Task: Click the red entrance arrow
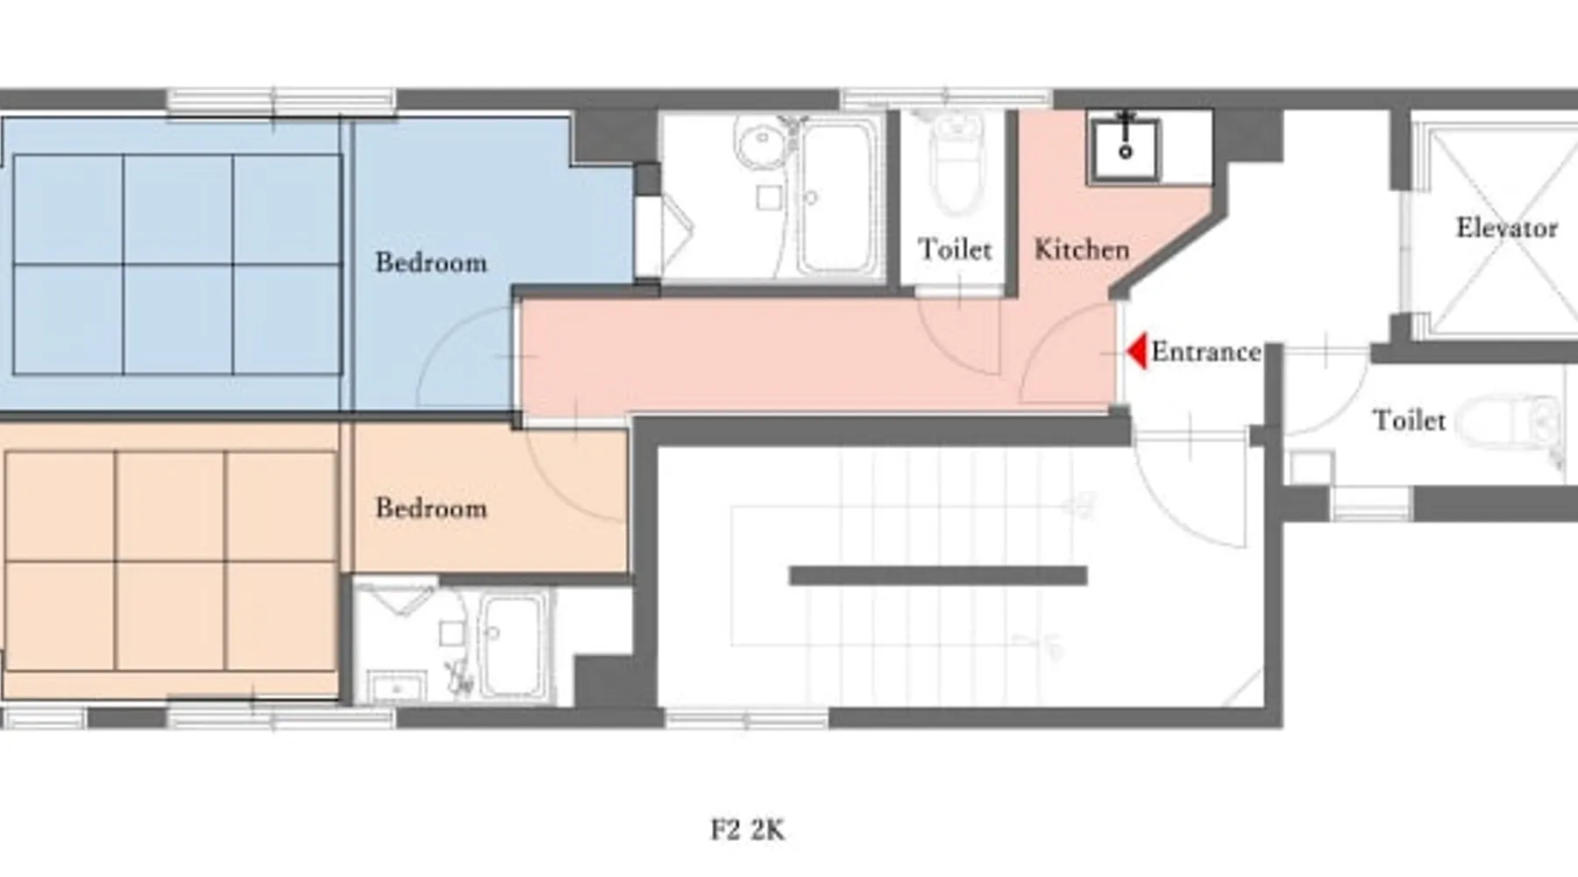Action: click(x=1137, y=352)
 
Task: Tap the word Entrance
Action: click(x=1206, y=352)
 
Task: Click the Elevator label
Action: click(x=1506, y=228)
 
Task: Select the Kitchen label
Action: click(x=1082, y=249)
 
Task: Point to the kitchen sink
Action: click(x=1125, y=148)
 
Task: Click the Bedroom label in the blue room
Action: click(x=430, y=262)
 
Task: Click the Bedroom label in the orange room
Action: click(x=430, y=508)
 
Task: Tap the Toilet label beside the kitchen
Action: click(x=955, y=249)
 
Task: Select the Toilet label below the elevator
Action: click(x=1409, y=420)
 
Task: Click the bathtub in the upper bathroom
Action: click(x=839, y=196)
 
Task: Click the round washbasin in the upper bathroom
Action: click(x=761, y=144)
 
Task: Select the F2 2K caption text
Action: click(x=747, y=830)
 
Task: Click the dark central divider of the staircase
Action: click(x=938, y=576)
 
